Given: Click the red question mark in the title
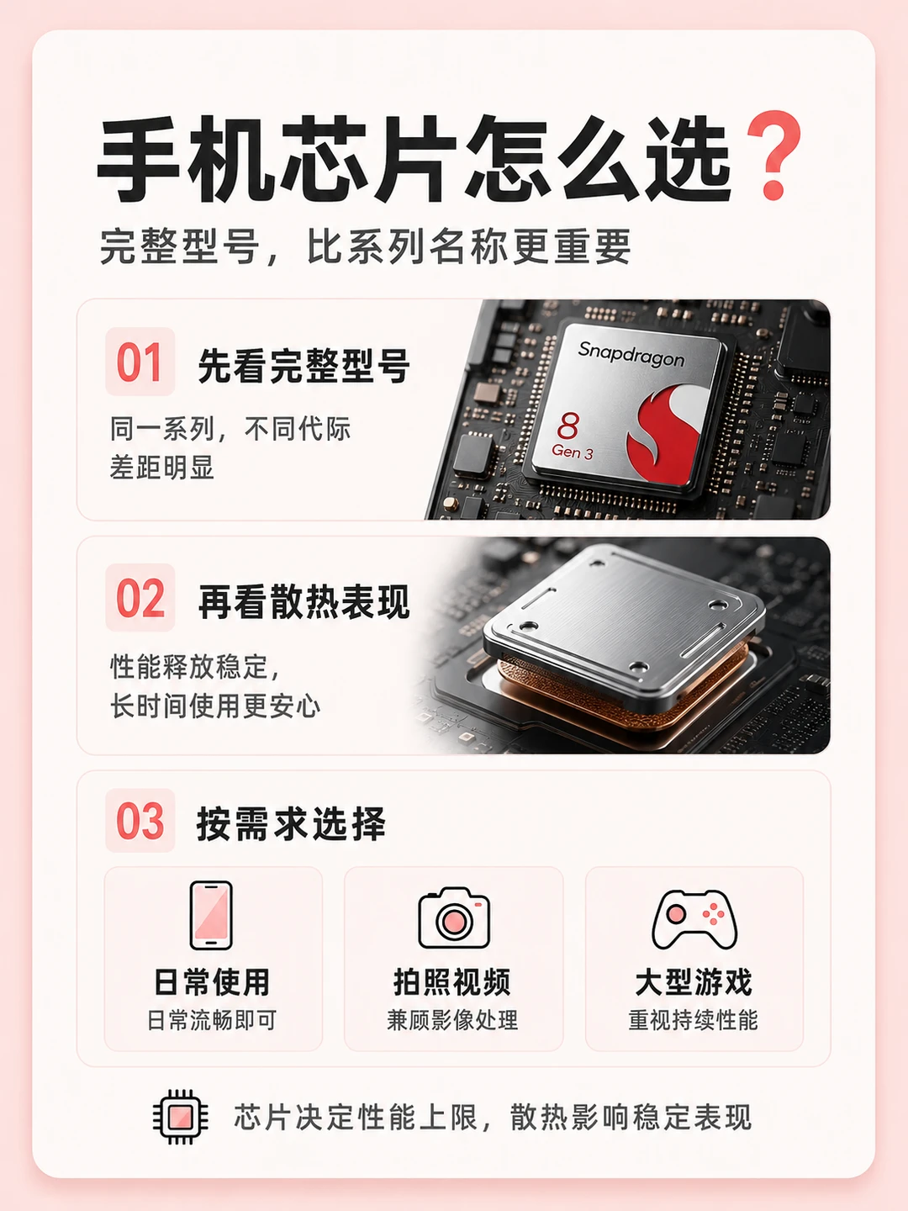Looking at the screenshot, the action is (x=773, y=156).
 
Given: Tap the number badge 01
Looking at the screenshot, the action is (x=140, y=362).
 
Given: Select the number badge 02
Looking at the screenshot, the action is (x=140, y=597).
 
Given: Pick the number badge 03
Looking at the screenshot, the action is (x=140, y=821).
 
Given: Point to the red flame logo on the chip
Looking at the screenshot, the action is (x=666, y=433).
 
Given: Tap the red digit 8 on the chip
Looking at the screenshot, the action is (x=567, y=426).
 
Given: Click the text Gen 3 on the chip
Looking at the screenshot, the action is (x=573, y=452).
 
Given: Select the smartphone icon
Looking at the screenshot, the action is (x=211, y=915).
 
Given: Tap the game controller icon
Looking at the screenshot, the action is (x=694, y=920).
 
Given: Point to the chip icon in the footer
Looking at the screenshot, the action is (x=180, y=1117).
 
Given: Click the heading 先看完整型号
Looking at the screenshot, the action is (x=304, y=366).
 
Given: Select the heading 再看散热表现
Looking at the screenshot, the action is (x=304, y=602).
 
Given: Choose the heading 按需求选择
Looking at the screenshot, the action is (x=291, y=824).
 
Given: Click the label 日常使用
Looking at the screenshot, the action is (x=212, y=982).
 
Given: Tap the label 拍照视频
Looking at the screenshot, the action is (x=452, y=982).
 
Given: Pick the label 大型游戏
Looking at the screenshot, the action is (x=694, y=982).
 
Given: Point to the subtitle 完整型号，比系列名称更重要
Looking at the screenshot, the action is (x=365, y=246).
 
